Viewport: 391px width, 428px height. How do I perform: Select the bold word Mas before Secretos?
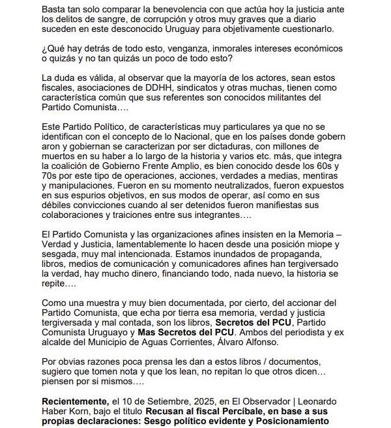[149, 331]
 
